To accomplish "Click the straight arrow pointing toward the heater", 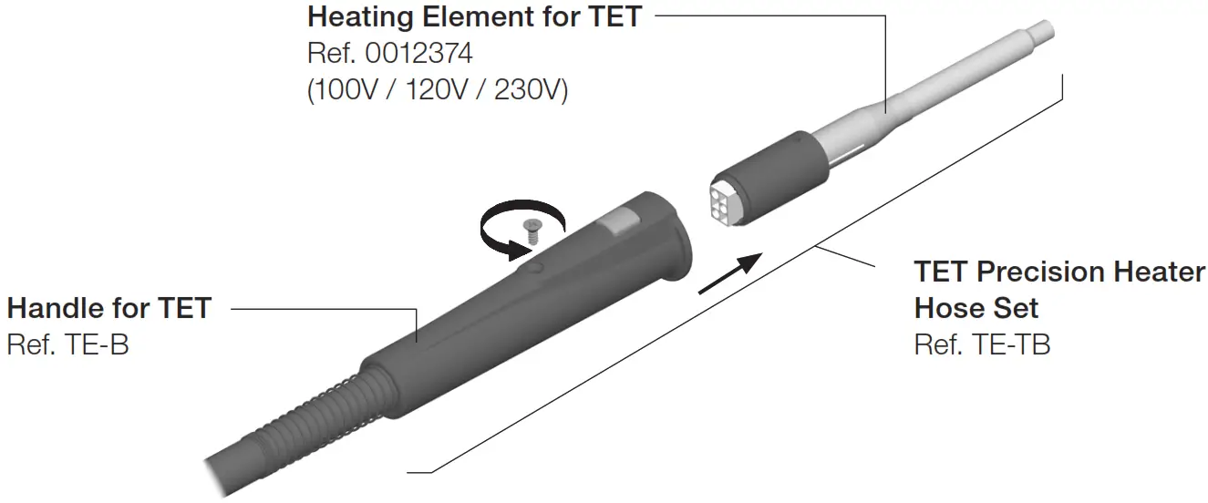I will click(x=729, y=274).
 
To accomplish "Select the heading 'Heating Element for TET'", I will click(x=474, y=17).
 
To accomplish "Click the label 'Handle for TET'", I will click(x=108, y=308).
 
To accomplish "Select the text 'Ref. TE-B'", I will click(x=67, y=345).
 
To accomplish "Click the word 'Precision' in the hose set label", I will click(x=1058, y=272).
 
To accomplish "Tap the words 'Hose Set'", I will click(x=976, y=308).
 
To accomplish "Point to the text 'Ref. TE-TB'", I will click(x=982, y=345).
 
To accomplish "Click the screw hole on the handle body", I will click(x=535, y=268).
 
